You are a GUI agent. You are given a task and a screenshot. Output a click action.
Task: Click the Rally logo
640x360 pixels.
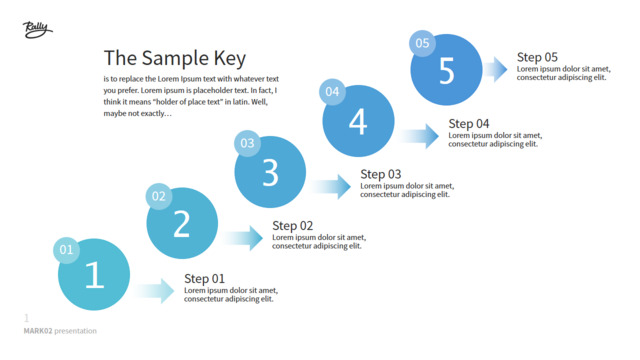click(37, 30)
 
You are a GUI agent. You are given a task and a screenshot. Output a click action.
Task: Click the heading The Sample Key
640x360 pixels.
click(175, 58)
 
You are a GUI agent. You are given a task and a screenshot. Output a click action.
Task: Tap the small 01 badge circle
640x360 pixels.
click(66, 250)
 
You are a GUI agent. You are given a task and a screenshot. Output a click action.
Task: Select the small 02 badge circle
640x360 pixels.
click(159, 196)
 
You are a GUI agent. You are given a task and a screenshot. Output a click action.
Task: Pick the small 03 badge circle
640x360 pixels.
click(247, 143)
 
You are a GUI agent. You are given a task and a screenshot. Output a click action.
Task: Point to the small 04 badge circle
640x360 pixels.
click(332, 92)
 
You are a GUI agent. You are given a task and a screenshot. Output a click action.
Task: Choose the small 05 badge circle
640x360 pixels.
click(422, 43)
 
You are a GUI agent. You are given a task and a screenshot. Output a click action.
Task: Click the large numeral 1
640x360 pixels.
click(95, 275)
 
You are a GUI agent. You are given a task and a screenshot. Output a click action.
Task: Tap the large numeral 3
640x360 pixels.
click(270, 173)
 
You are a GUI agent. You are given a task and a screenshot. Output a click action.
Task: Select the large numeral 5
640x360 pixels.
click(447, 71)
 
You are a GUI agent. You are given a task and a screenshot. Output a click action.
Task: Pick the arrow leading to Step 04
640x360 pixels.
click(420, 136)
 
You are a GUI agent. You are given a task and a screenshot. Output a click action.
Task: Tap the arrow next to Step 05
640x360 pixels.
click(496, 69)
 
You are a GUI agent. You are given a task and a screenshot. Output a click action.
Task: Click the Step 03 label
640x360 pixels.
click(381, 175)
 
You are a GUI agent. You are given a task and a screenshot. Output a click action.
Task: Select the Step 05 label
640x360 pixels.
click(537, 58)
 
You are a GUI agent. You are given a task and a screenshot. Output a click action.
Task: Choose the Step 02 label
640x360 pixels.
click(293, 226)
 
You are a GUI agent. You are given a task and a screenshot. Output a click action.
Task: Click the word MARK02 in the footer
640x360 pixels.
click(38, 331)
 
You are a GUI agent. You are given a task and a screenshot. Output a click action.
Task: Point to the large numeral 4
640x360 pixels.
click(358, 122)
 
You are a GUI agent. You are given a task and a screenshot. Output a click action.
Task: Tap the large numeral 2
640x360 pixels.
click(182, 224)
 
